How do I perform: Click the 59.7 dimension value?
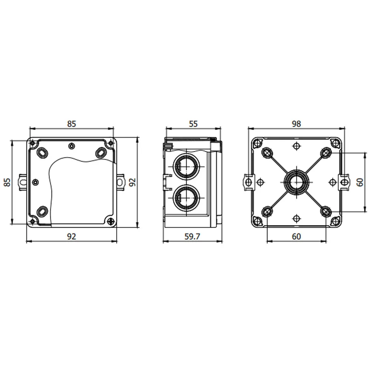coord(192,236)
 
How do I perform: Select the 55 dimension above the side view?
coord(193,124)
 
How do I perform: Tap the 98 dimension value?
coord(296,124)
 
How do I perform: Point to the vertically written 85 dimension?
coord(7,182)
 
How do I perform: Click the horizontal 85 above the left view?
coord(72,124)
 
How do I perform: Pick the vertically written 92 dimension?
coord(133,182)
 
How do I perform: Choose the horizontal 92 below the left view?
coord(72,236)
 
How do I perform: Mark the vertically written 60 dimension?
coord(360,182)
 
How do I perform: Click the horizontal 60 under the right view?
coord(296,236)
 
